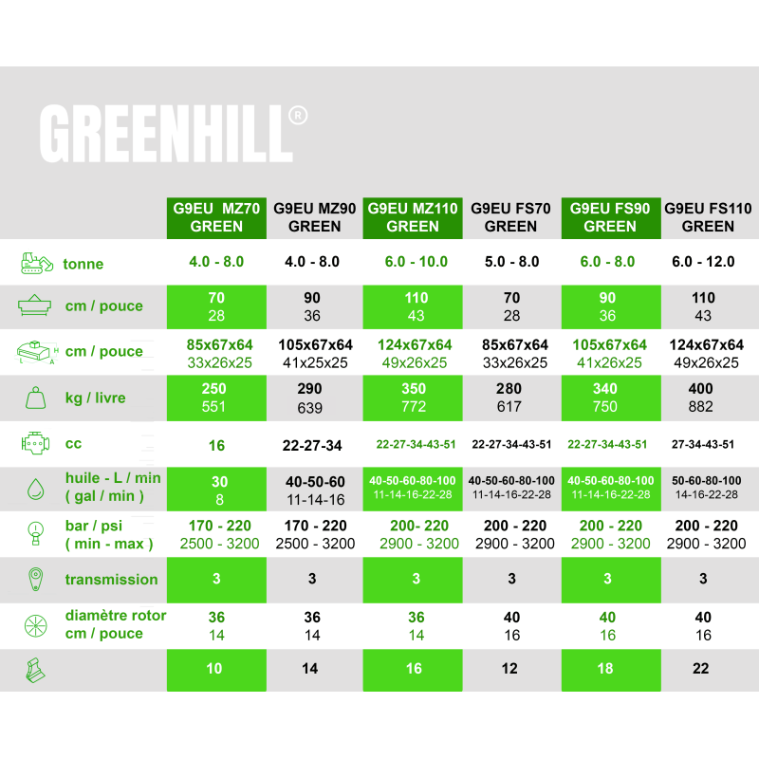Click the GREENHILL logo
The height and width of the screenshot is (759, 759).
click(173, 134)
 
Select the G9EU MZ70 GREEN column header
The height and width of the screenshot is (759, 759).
click(216, 218)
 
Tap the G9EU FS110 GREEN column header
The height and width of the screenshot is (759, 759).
click(708, 218)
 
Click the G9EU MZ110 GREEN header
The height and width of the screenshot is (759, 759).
click(413, 218)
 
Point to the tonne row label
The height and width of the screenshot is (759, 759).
click(83, 264)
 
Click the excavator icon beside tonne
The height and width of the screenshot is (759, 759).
click(37, 263)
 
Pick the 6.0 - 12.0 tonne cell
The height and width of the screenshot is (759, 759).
click(703, 262)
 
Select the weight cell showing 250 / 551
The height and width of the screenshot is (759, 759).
click(216, 398)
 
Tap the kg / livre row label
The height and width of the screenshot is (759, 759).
click(96, 398)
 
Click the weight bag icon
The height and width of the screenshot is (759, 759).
click(35, 398)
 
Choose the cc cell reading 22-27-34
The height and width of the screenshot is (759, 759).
click(312, 445)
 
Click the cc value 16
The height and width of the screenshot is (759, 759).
click(216, 445)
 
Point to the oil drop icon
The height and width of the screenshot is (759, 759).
click(36, 489)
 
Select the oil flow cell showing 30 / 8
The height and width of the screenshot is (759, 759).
click(216, 490)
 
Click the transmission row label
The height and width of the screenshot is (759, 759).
click(111, 580)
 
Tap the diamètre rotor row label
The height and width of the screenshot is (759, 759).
click(116, 624)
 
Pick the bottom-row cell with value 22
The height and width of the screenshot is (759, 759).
click(700, 669)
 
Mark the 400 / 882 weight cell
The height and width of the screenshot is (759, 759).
click(700, 398)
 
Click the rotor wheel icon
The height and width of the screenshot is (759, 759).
click(36, 626)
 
